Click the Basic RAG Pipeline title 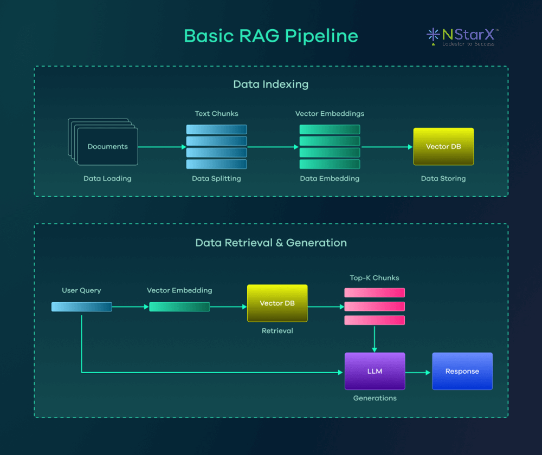pos(271,36)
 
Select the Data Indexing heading pos(271,84)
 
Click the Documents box pos(107,146)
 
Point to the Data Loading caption pos(107,178)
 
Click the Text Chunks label pos(216,114)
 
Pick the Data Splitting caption pos(216,178)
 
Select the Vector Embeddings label pos(330,114)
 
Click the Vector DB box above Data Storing pos(443,146)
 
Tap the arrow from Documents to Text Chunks pos(162,146)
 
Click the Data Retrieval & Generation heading pos(271,243)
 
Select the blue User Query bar pos(81,307)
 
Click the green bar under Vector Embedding pos(179,307)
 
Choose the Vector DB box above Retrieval pos(277,303)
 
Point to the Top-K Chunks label pos(375,278)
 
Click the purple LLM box pos(375,371)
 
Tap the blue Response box pos(462,371)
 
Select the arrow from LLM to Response pos(418,372)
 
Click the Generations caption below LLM pos(375,398)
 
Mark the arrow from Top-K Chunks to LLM pos(375,338)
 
